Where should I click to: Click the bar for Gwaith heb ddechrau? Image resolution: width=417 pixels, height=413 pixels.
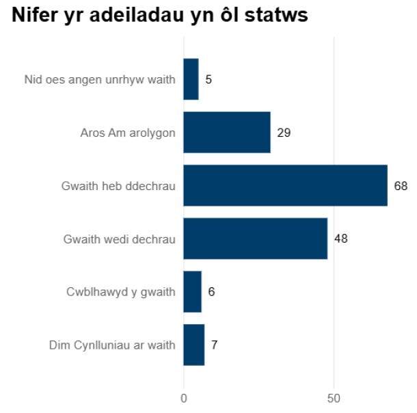(285, 185)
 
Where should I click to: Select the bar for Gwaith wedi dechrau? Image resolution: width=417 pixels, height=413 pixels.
(255, 239)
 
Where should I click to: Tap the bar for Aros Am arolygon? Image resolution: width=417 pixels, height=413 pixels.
(227, 133)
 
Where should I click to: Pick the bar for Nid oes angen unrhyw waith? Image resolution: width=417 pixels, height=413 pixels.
(191, 79)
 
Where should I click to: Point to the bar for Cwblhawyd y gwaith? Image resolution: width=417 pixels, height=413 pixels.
(192, 292)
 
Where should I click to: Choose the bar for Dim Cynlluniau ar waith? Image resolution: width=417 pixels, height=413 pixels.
(193, 345)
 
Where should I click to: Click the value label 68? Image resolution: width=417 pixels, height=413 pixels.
(401, 185)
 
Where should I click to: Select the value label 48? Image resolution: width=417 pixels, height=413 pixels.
(341, 239)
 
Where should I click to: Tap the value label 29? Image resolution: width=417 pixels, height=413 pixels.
(284, 133)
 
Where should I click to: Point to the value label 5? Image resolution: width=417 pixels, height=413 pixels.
(209, 79)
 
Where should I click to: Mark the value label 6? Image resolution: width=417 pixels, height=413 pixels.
(211, 292)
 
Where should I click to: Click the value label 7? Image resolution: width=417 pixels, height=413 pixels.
(214, 345)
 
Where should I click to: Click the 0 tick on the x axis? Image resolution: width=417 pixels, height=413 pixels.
(183, 398)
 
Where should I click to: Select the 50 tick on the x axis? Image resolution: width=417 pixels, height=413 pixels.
(334, 398)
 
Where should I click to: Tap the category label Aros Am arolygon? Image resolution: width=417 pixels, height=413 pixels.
(128, 133)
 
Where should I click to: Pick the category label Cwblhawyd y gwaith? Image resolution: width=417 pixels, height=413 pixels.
(121, 292)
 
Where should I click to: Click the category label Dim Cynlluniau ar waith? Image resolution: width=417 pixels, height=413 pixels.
(112, 345)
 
